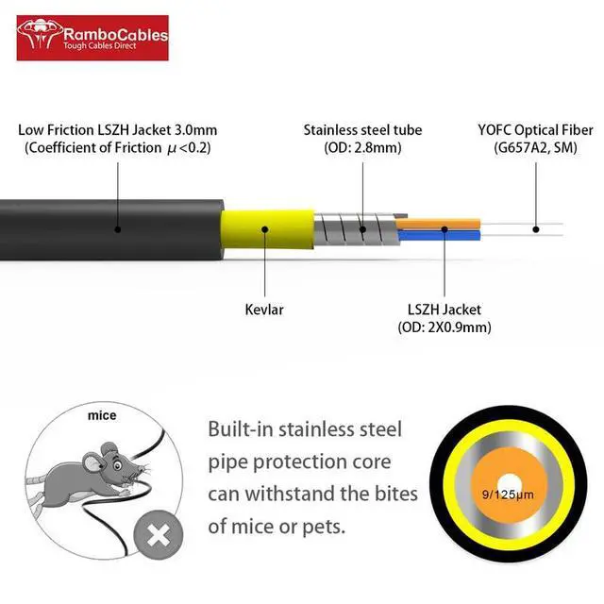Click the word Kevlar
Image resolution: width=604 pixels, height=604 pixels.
coord(263,309)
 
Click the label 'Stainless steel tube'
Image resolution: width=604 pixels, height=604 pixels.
coord(362,129)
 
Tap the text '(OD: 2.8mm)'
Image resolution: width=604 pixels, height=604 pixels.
coord(362,147)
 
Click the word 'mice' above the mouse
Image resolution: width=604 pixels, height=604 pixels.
coord(101,415)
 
